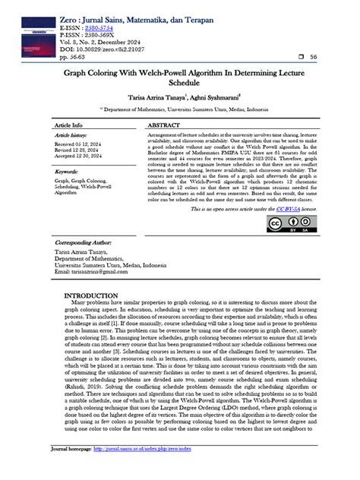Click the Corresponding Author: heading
84,242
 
